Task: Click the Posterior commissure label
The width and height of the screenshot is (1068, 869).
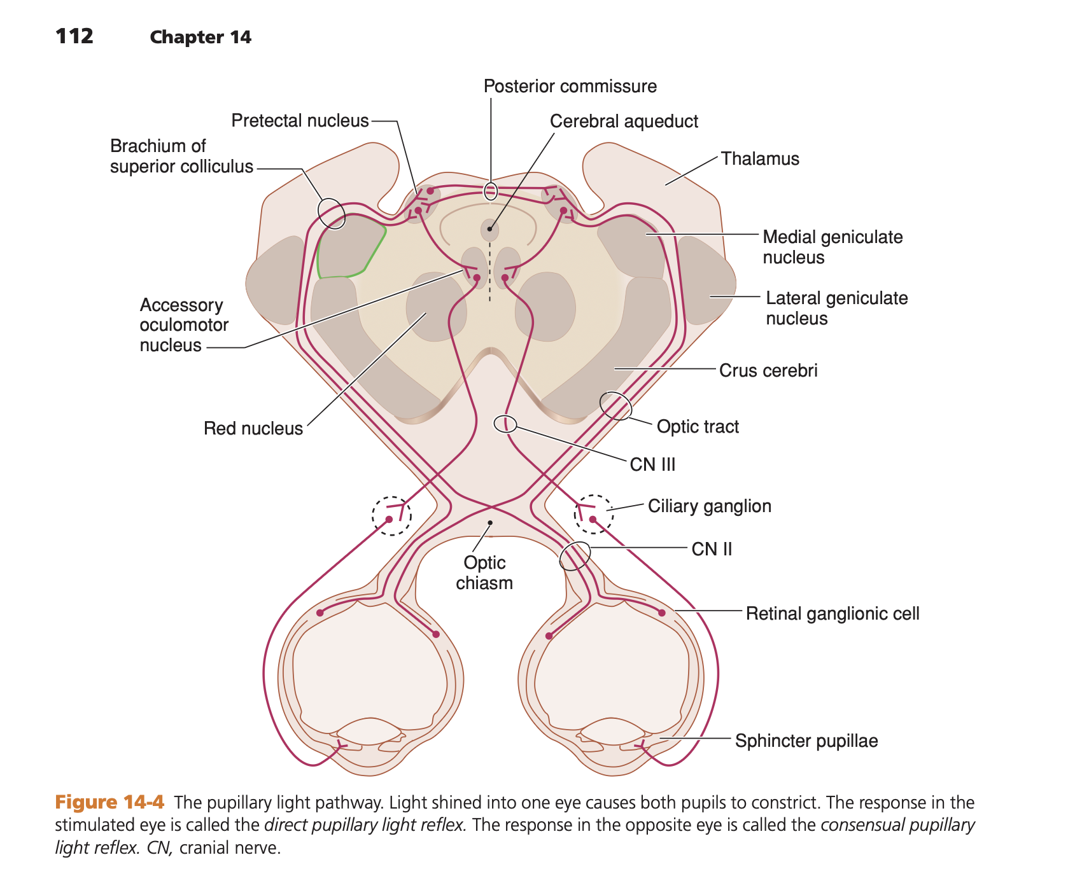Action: point(570,87)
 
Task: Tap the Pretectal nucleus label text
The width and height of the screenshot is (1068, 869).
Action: point(300,121)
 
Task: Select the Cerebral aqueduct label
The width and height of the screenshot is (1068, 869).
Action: point(624,122)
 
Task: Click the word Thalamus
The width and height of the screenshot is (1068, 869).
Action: point(760,159)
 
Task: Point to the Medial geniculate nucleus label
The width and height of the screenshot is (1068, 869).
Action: point(832,247)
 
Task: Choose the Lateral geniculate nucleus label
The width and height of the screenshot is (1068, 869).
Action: point(836,308)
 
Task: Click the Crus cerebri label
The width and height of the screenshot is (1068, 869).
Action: point(768,371)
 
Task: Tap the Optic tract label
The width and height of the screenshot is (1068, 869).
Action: point(698,427)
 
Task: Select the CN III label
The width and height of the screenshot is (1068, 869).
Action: point(652,465)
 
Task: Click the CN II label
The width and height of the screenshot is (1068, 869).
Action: point(712,550)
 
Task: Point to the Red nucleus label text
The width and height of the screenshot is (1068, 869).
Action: point(253,429)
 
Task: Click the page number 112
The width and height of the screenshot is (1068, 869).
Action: point(74,36)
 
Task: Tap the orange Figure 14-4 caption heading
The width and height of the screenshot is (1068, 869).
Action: point(109,802)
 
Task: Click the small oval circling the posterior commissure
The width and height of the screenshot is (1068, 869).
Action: point(491,191)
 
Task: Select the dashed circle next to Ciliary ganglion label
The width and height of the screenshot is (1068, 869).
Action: point(593,514)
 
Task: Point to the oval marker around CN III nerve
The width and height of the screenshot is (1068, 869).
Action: point(505,424)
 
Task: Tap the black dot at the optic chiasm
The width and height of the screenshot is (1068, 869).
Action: point(490,523)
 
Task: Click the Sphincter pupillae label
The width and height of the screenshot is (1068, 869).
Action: point(806,741)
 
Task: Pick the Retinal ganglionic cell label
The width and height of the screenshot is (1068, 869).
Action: point(832,614)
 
